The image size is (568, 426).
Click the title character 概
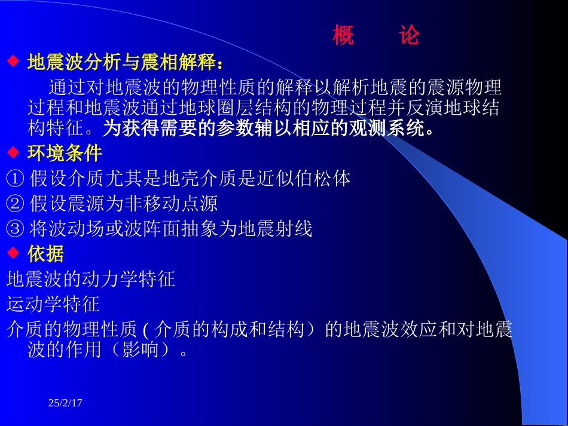343,36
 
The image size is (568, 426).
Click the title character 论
410,36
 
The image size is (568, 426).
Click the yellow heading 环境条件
65,154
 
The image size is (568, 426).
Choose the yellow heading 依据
46,254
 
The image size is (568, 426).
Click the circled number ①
15,179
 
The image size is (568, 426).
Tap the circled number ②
15,204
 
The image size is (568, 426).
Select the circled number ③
15,229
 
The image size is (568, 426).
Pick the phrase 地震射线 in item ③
276,229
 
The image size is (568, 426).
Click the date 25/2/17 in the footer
65,403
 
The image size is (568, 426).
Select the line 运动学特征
53,304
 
